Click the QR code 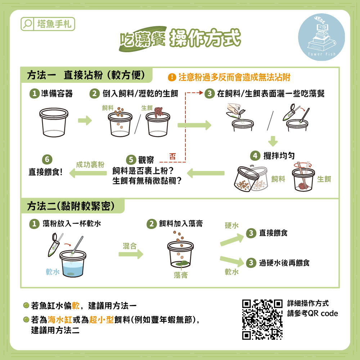click(x=262, y=319)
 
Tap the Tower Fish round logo click(x=321, y=37)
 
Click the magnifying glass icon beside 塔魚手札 click(x=28, y=24)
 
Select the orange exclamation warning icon click(x=172, y=77)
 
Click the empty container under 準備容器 click(x=54, y=122)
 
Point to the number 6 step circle click(x=47, y=159)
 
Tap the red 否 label click(x=173, y=157)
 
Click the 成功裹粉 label click(x=90, y=165)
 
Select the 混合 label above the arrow click(x=130, y=246)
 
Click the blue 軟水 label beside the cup click(x=53, y=272)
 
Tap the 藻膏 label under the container click(x=181, y=275)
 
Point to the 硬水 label click(x=231, y=225)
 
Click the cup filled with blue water click(x=73, y=264)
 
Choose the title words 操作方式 click(x=205, y=38)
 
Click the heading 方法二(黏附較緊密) click(x=71, y=206)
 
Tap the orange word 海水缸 click(x=60, y=319)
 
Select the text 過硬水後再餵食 click(x=284, y=263)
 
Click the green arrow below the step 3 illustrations click(x=273, y=141)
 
